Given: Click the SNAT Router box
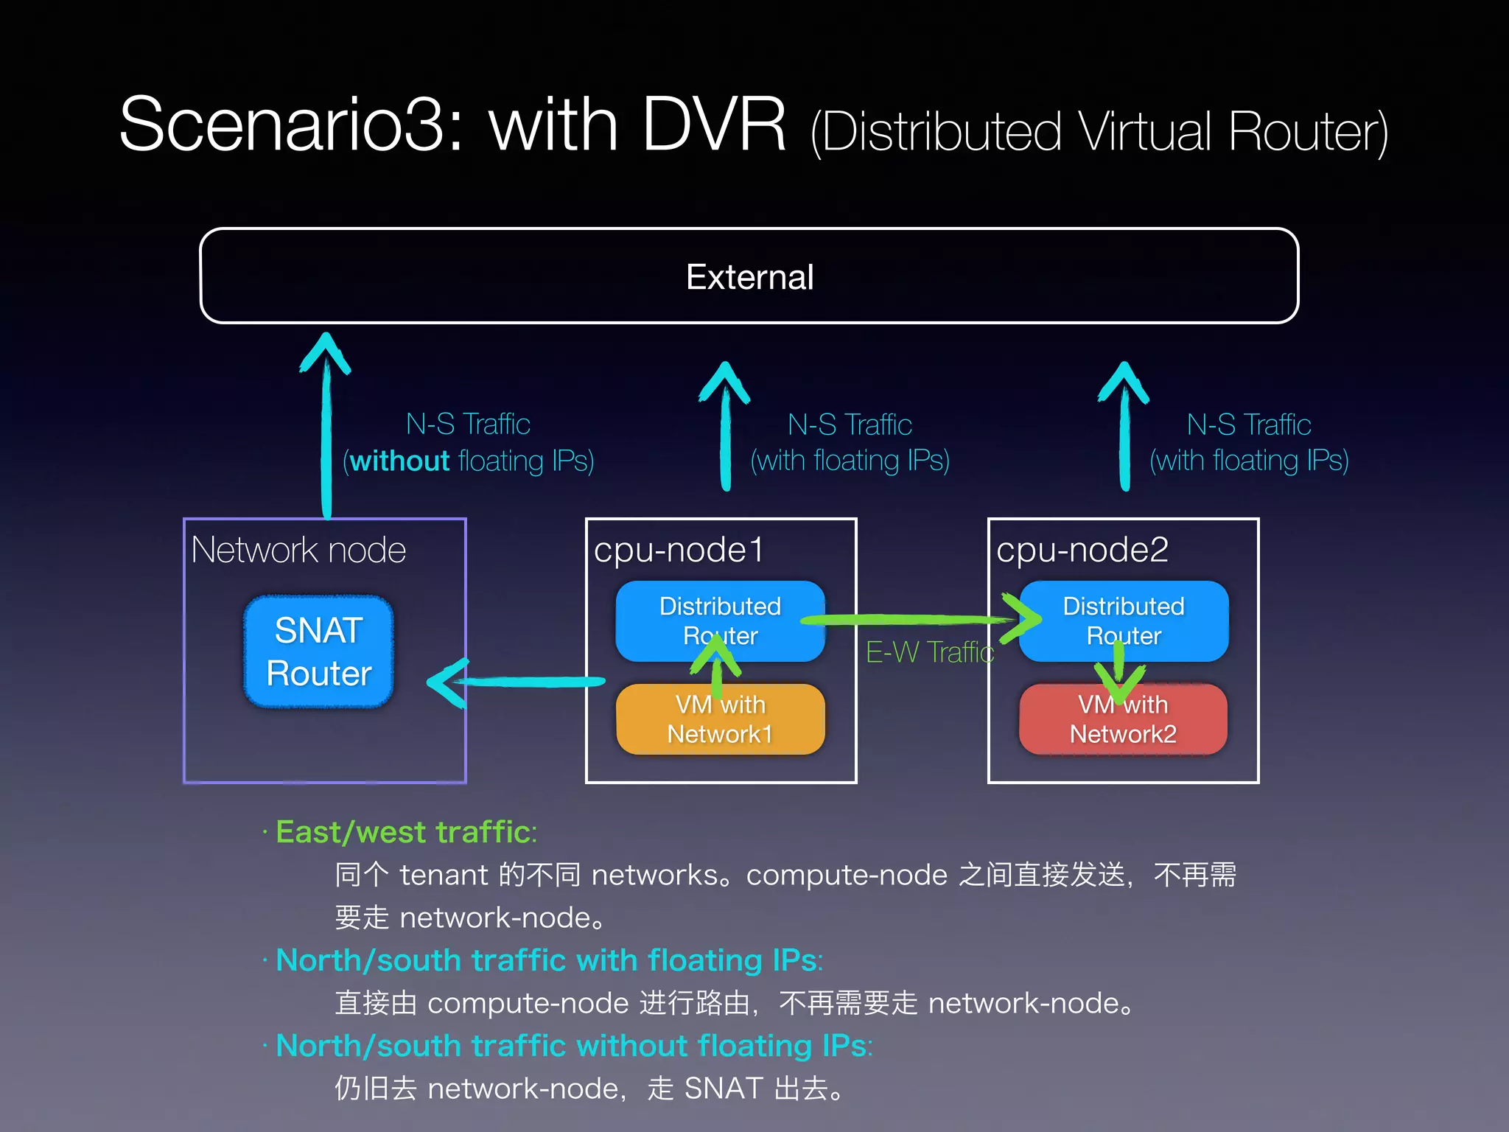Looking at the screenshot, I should point(318,651).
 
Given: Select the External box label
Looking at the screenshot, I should point(749,277).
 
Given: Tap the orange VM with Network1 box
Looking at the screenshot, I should point(720,719).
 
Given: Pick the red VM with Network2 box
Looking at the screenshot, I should point(1123,719).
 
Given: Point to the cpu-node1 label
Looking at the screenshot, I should point(678,550).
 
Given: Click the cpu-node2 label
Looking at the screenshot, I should point(1082,550).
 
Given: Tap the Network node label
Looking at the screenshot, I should point(298,550).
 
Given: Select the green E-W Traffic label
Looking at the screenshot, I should point(930,652).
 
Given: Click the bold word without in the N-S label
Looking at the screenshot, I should point(399,461).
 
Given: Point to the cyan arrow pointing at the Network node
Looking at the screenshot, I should point(516,682).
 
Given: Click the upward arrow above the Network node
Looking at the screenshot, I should point(326,427).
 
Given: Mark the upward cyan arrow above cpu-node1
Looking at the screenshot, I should point(725,427).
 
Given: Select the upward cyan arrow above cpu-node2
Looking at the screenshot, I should point(1124,427).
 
